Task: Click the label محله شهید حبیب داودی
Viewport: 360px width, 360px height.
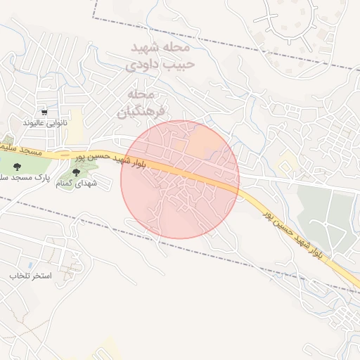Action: point(160,56)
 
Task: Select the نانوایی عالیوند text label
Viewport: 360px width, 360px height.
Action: point(46,123)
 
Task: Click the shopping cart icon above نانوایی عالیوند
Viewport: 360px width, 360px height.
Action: point(45,112)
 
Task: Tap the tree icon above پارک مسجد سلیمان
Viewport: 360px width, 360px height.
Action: point(17,167)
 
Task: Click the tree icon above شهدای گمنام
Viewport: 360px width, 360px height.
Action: point(76,172)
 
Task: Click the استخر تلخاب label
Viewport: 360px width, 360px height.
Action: point(30,276)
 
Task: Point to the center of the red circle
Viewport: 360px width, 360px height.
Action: point(180,179)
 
